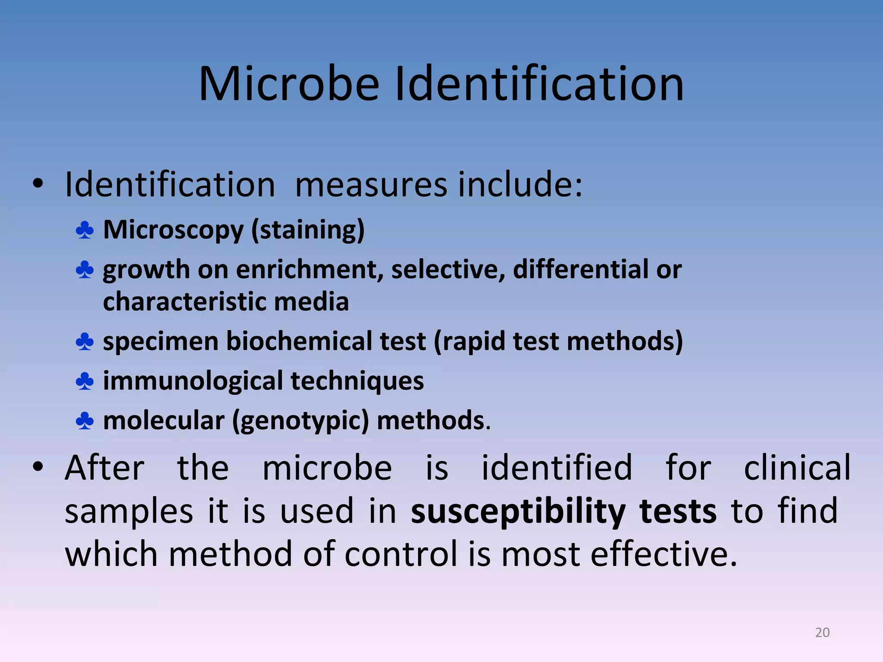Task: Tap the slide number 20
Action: coord(822,632)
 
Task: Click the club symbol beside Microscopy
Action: coord(85,230)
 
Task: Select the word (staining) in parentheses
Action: coord(308,230)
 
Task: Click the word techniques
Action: coord(357,381)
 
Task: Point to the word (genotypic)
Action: coord(301,421)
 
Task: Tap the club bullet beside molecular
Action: coord(85,421)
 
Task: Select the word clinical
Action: coord(797,468)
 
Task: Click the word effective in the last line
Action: coord(664,554)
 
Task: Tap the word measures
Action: coord(371,184)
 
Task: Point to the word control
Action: coord(401,554)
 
